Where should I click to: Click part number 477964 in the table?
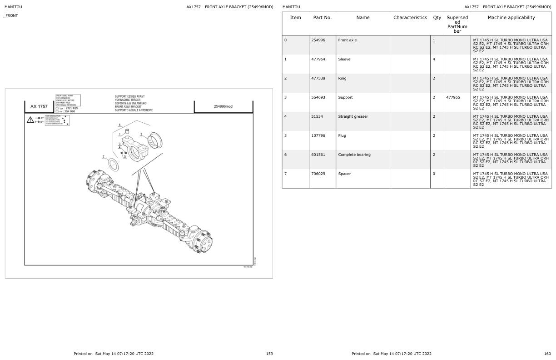click(x=318, y=60)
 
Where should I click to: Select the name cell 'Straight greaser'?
click(x=353, y=117)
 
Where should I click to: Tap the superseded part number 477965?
click(x=453, y=98)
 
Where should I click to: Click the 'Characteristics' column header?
click(x=410, y=18)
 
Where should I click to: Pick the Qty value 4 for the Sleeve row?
click(x=434, y=60)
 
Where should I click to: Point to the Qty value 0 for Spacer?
click(x=434, y=174)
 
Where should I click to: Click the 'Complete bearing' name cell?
click(x=354, y=155)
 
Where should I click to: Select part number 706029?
click(x=318, y=174)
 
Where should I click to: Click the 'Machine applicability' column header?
click(x=511, y=18)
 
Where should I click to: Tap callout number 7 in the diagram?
click(x=103, y=157)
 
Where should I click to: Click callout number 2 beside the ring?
click(x=141, y=135)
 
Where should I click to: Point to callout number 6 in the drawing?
click(x=119, y=125)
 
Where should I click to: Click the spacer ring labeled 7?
click(x=113, y=164)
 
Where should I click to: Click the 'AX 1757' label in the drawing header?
click(x=39, y=106)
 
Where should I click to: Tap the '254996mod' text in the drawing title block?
click(x=223, y=106)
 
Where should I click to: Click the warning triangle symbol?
click(x=30, y=120)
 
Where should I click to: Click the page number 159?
click(x=269, y=354)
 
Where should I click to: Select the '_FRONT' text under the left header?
click(x=11, y=16)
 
